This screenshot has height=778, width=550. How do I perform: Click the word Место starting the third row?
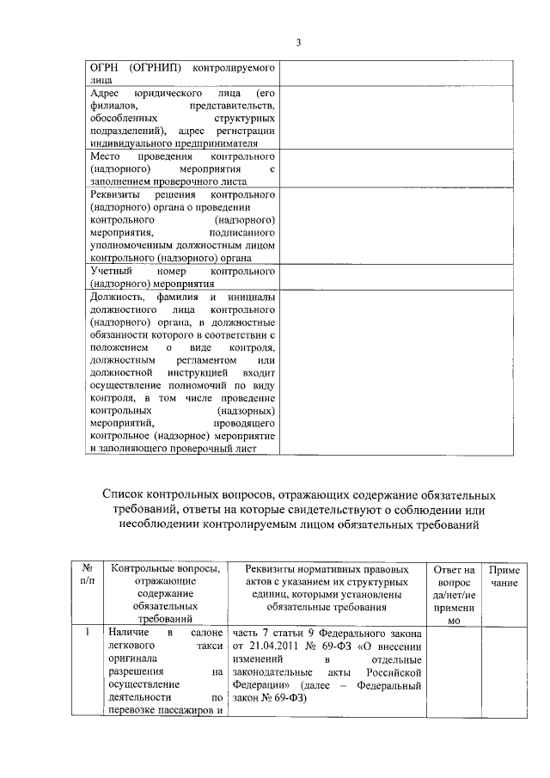(107, 157)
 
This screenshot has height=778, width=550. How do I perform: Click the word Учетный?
(111, 270)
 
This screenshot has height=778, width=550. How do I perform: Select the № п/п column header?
(86, 575)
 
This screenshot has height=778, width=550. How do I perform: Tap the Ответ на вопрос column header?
(454, 593)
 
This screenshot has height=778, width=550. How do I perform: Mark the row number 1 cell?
(86, 633)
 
